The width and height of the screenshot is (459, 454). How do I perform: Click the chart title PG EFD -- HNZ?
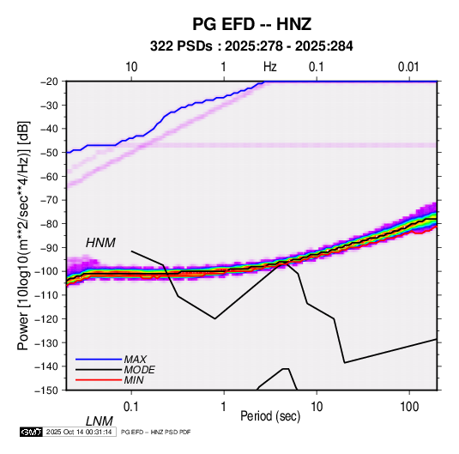click(251, 24)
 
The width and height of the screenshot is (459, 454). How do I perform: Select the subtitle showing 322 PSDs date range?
click(251, 46)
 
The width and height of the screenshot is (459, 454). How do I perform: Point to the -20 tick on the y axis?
click(49, 82)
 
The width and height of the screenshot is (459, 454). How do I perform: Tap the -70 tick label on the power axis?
click(49, 200)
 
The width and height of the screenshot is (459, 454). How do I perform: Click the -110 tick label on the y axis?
click(47, 295)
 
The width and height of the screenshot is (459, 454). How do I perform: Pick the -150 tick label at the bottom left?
click(47, 390)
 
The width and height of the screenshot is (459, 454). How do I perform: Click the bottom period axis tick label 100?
click(409, 407)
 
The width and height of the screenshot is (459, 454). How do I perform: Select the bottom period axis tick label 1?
click(224, 407)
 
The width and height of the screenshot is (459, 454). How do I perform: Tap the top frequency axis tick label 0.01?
click(408, 67)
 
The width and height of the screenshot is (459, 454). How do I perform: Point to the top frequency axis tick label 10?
click(131, 67)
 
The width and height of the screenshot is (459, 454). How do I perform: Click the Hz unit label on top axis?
click(270, 67)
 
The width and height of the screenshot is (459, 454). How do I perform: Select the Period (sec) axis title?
click(270, 416)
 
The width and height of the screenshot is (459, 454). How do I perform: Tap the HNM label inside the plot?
click(100, 243)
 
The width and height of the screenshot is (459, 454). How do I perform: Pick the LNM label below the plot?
click(100, 421)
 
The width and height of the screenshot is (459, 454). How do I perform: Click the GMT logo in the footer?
click(32, 432)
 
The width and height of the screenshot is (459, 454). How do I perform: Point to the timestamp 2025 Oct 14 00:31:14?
click(79, 432)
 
